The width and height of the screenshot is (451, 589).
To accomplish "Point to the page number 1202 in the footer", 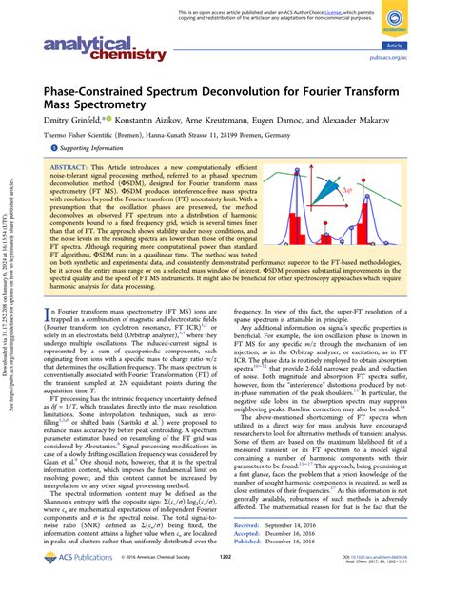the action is coord(225,573).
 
